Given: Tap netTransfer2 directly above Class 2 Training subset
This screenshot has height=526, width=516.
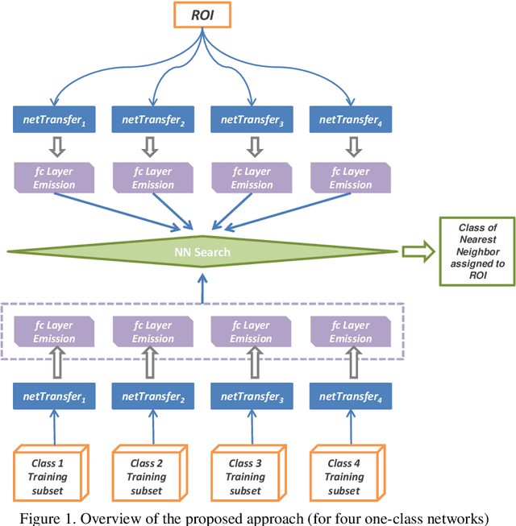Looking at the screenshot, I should tap(153, 396).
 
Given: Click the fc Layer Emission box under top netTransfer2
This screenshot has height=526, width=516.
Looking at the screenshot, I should tap(153, 178).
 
